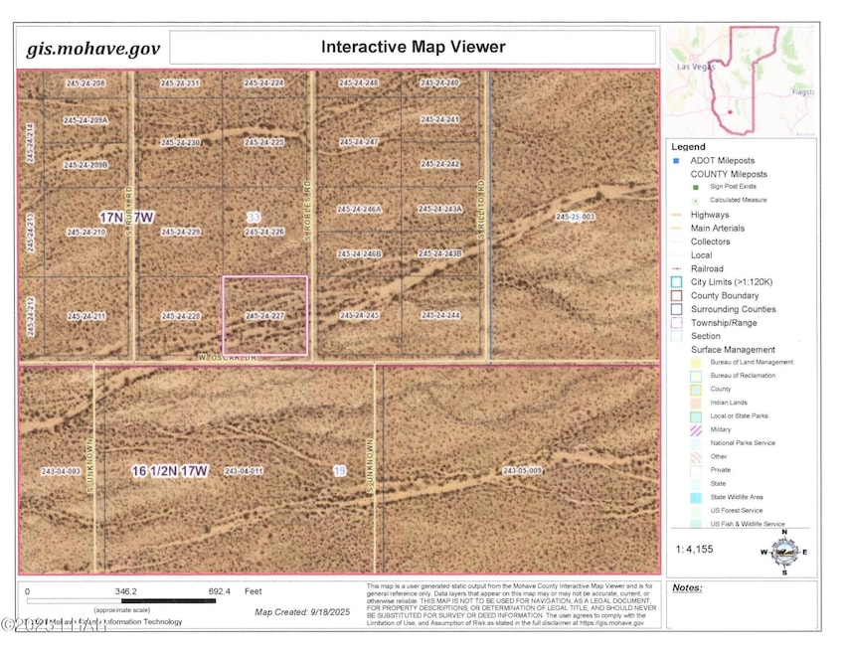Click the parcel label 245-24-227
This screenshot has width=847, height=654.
click(264, 315)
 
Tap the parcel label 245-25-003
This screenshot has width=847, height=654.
click(576, 216)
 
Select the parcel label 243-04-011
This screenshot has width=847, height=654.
click(244, 470)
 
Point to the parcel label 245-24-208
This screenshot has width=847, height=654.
click(85, 82)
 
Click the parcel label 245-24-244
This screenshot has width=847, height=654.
click(439, 315)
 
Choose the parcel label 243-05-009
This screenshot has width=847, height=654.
click(522, 470)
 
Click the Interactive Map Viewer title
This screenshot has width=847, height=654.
click(413, 47)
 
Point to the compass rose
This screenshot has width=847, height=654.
click(784, 552)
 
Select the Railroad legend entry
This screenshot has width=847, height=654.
click(707, 268)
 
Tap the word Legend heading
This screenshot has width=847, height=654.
click(688, 145)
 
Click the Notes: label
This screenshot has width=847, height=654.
click(687, 587)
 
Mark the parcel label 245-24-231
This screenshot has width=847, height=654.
click(180, 82)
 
